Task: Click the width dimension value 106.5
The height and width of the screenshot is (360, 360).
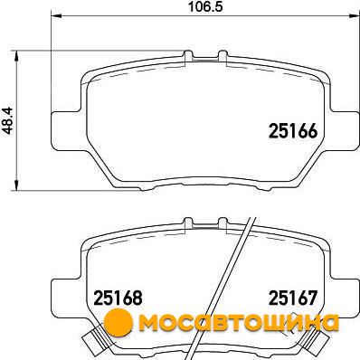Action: pyautogui.click(x=205, y=6)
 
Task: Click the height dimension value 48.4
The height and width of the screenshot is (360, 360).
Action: pyautogui.click(x=7, y=120)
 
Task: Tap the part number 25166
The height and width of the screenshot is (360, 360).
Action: pyautogui.click(x=293, y=131)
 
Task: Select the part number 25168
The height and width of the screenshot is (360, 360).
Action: pyautogui.click(x=118, y=298)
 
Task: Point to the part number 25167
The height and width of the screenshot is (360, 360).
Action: pyautogui.click(x=293, y=298)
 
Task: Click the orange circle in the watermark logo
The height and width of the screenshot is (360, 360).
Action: pyautogui.click(x=118, y=323)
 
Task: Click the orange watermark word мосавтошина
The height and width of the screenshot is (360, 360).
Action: pyautogui.click(x=239, y=323)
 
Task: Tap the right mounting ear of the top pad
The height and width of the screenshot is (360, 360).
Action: pyautogui.click(x=345, y=132)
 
